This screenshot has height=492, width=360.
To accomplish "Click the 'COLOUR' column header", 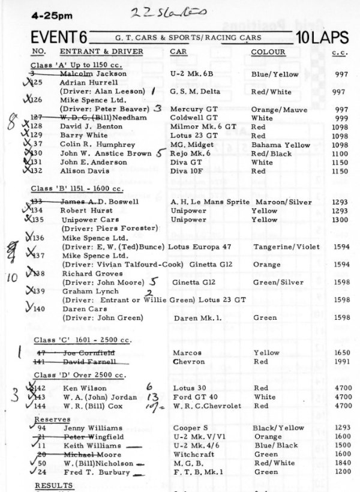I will (268, 52).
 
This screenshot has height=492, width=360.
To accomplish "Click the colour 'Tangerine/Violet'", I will (284, 247).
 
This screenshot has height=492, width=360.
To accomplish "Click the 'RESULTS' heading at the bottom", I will (50, 484).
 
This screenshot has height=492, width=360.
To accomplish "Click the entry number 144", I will (40, 406).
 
